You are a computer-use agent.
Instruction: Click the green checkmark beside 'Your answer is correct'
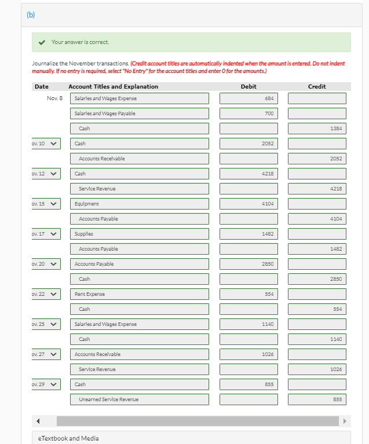tap(42, 42)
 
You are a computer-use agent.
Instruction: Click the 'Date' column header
tap(42, 86)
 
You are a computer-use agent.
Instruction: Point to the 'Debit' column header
tap(248, 86)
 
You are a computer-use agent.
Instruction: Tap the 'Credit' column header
tap(316, 86)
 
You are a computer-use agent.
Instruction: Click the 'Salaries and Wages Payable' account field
tap(139, 113)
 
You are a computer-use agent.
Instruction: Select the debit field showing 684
tap(248, 98)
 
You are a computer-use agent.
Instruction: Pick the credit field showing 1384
tap(316, 129)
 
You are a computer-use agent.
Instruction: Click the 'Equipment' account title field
tap(139, 204)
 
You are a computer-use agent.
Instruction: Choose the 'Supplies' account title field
tap(139, 234)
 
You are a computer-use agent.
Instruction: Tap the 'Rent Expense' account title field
tap(139, 294)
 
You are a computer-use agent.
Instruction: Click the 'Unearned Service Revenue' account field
tap(139, 399)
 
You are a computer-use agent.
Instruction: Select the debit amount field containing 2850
tap(248, 264)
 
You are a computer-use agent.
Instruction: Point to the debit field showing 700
tap(248, 113)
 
